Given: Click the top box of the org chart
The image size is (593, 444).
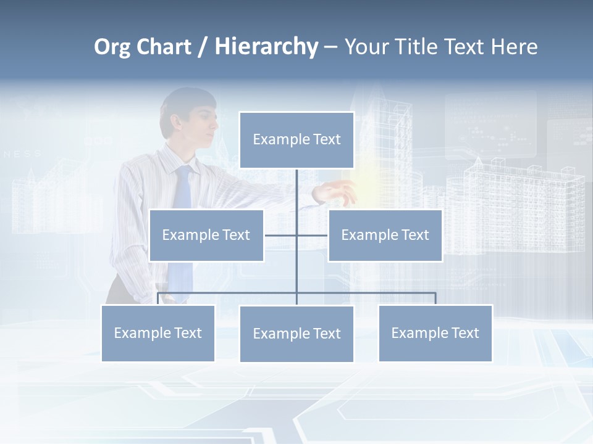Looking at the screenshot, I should point(296,140).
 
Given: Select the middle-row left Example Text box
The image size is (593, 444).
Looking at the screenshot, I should point(206,235).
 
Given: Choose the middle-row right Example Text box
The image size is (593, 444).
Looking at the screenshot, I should point(385,235).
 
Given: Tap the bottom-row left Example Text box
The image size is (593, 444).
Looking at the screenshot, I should point(158,333).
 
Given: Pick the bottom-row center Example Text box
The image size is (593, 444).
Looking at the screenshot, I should point(296,334).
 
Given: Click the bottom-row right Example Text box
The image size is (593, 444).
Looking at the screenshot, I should point(435,333).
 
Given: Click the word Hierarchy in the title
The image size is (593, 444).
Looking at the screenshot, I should point(266,47).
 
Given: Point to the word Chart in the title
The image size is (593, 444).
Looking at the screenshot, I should point(163,47).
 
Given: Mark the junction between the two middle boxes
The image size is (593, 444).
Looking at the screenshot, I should point(296,235).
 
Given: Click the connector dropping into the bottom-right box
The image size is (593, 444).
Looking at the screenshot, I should point(435,298).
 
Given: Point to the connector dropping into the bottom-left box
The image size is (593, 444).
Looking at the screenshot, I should point(158,298).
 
